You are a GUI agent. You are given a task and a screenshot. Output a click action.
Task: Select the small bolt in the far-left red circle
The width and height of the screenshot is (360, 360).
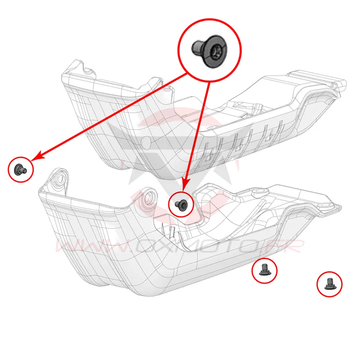[20, 170]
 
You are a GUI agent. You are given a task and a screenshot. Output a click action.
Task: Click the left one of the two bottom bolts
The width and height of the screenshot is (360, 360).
[265, 270]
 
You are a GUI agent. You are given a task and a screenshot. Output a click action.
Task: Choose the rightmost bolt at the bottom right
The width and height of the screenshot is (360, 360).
[329, 284]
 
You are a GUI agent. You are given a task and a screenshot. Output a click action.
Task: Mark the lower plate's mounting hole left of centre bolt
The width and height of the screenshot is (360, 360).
[149, 197]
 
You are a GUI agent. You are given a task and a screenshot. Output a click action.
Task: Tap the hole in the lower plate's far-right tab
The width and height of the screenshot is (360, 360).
[326, 205]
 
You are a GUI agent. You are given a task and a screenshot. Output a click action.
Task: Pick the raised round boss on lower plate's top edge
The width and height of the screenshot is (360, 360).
[260, 193]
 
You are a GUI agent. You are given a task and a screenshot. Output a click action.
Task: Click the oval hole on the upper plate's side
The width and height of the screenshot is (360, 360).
[145, 142]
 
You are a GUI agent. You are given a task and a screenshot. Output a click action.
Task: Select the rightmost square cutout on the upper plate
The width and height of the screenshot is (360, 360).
[269, 138]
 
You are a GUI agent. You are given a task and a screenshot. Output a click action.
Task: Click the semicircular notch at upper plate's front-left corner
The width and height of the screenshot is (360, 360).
[87, 68]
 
